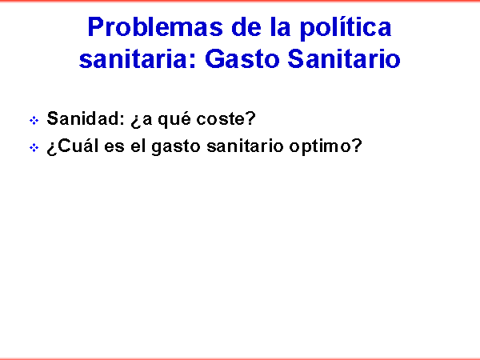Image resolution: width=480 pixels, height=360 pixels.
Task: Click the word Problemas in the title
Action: pyautogui.click(x=155, y=27)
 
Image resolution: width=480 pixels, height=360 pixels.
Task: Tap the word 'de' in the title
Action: pyautogui.click(x=246, y=27)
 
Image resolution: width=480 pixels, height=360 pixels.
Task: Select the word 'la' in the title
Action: pyautogui.click(x=280, y=27)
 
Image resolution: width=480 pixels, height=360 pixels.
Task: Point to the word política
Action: pyautogui.click(x=346, y=28)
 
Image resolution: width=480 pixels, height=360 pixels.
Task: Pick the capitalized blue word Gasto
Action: pyautogui.click(x=242, y=58)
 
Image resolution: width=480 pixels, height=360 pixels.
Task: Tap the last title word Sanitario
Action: pyautogui.click(x=344, y=58)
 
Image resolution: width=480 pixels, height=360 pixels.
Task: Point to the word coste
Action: pyautogui.click(x=222, y=118)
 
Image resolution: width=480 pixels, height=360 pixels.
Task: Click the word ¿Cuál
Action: pyautogui.click(x=73, y=146)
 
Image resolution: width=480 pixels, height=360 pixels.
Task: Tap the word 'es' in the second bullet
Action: pyautogui.click(x=114, y=147)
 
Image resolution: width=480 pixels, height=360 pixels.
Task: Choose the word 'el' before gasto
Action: pyautogui.click(x=138, y=146)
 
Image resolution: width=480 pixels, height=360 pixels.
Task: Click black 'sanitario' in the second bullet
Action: pyautogui.click(x=245, y=146)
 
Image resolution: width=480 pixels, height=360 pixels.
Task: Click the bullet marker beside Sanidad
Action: pyautogui.click(x=34, y=120)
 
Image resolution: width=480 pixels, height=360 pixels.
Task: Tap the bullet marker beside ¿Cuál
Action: pyautogui.click(x=34, y=148)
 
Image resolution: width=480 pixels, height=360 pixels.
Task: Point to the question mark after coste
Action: pyautogui.click(x=251, y=118)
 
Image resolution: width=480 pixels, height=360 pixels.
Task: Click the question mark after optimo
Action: pyautogui.click(x=357, y=146)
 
